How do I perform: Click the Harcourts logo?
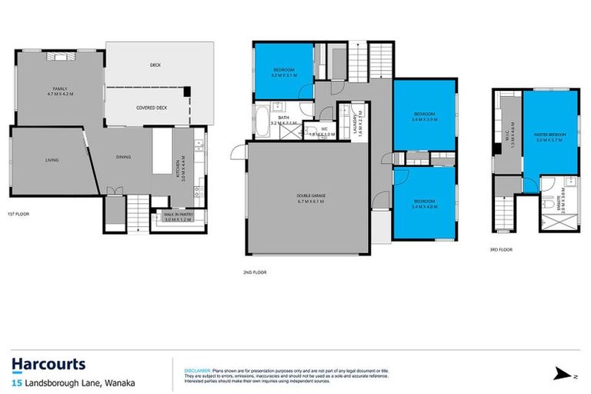point(48,364)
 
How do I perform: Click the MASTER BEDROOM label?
point(550,136)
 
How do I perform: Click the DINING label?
point(123,157)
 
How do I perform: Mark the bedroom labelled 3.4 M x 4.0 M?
point(424,204)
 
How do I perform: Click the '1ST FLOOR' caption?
point(18,213)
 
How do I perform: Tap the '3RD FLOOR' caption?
point(500,249)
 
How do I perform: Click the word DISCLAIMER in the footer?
point(198,370)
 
